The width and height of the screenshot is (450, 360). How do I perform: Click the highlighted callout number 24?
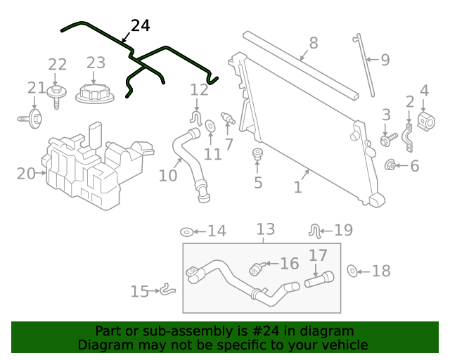[141, 25]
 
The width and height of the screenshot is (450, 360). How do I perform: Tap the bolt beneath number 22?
[56, 96]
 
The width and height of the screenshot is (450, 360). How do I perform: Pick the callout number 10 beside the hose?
[167, 174]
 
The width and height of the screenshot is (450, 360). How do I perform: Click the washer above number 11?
[210, 127]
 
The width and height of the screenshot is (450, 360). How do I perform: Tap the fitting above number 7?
[227, 117]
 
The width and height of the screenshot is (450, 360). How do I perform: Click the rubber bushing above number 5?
[257, 154]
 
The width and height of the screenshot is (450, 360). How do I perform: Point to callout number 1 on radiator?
[297, 187]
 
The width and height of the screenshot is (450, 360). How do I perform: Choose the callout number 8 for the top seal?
[313, 43]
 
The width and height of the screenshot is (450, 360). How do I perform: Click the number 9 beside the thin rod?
[385, 60]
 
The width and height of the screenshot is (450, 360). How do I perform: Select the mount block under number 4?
[424, 122]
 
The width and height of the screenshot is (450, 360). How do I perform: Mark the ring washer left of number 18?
[354, 271]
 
